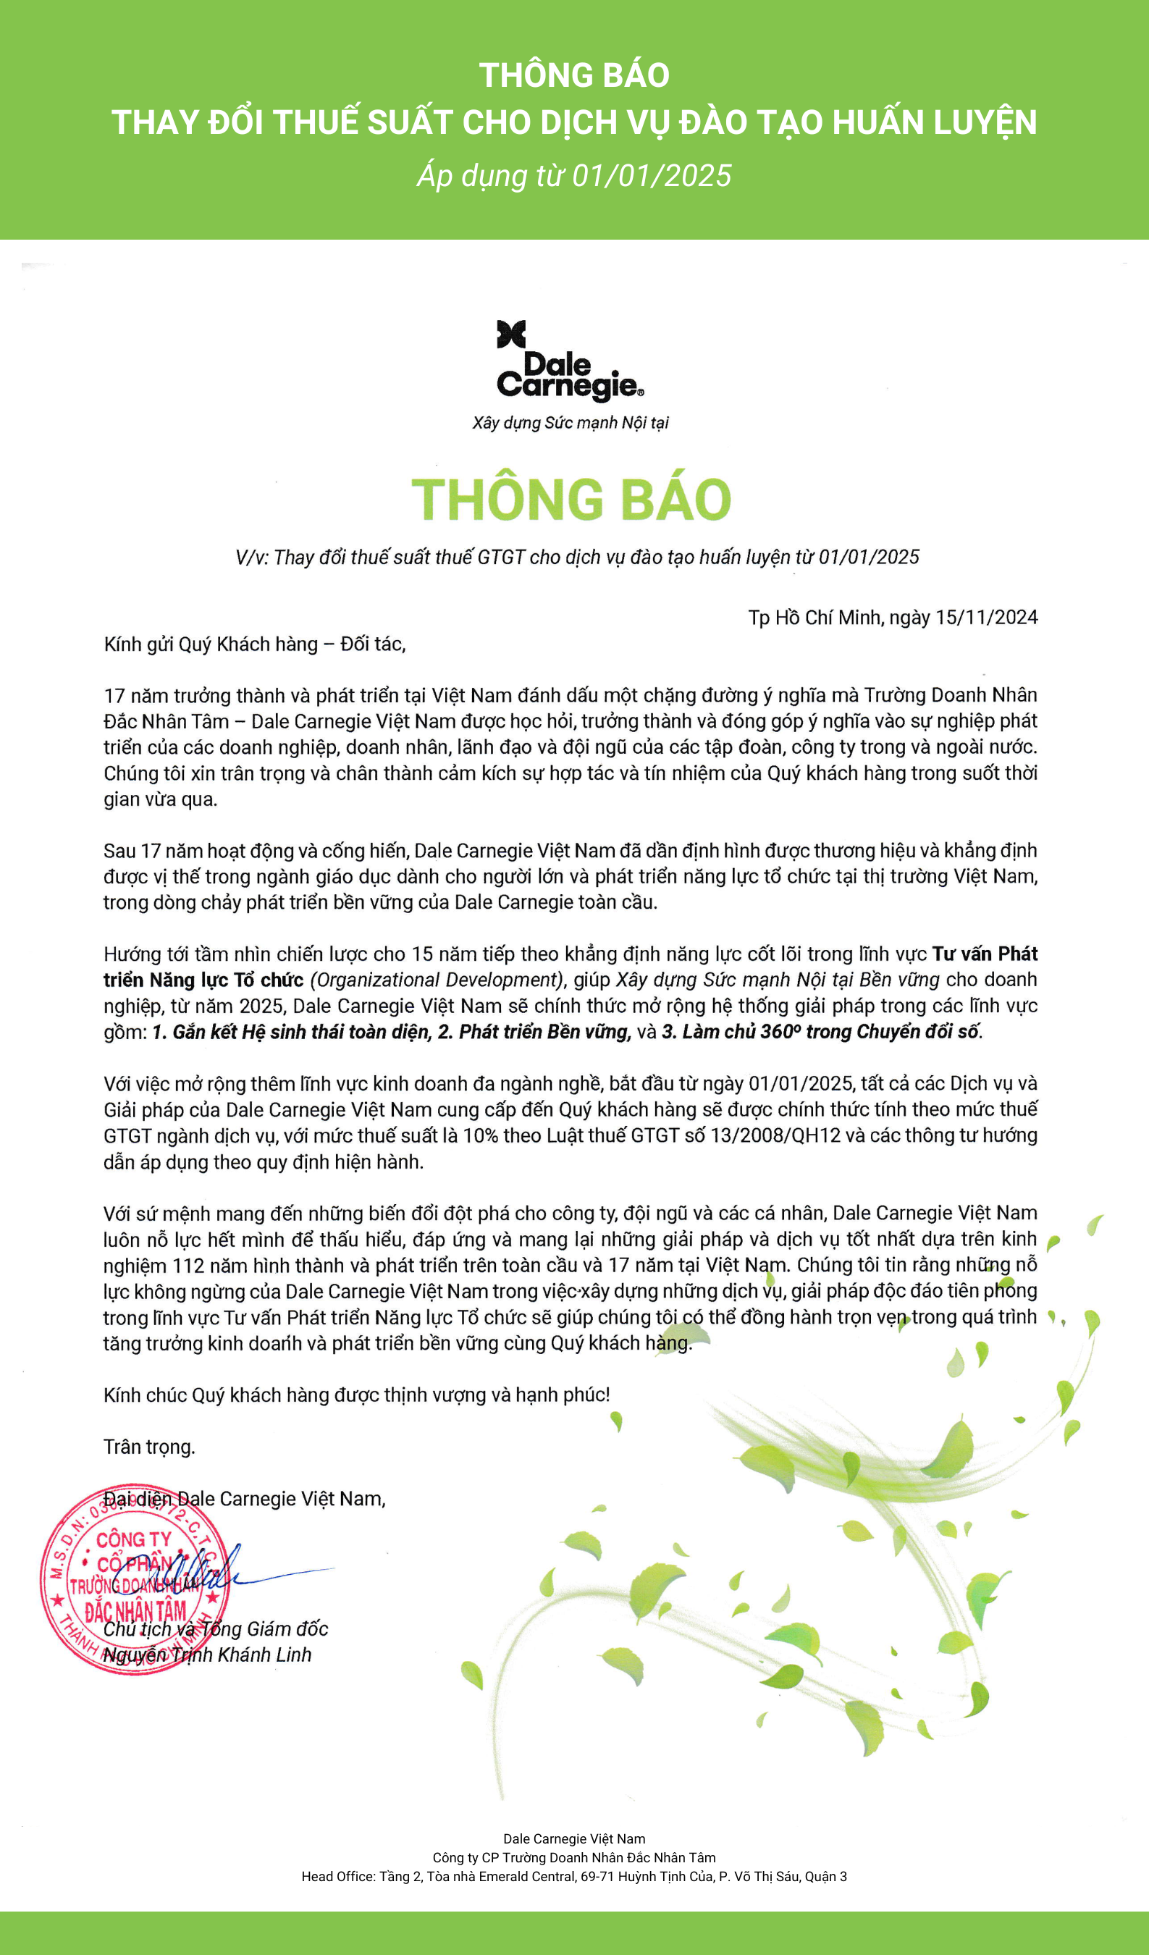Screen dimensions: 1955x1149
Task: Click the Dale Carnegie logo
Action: pos(571,361)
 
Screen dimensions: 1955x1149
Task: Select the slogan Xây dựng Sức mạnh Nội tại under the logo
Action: pos(571,423)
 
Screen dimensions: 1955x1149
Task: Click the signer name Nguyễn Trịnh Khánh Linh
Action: pos(207,1655)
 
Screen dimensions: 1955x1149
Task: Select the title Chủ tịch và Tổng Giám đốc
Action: pos(216,1628)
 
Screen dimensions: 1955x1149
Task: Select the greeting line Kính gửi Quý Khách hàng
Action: pos(254,644)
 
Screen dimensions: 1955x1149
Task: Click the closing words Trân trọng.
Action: pos(149,1447)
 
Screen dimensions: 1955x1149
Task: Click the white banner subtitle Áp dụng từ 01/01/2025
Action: pos(574,176)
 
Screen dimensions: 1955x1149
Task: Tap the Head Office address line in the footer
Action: pos(574,1877)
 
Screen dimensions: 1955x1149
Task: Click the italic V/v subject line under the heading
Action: pos(577,557)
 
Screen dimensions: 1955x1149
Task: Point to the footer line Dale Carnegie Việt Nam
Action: pos(574,1838)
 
